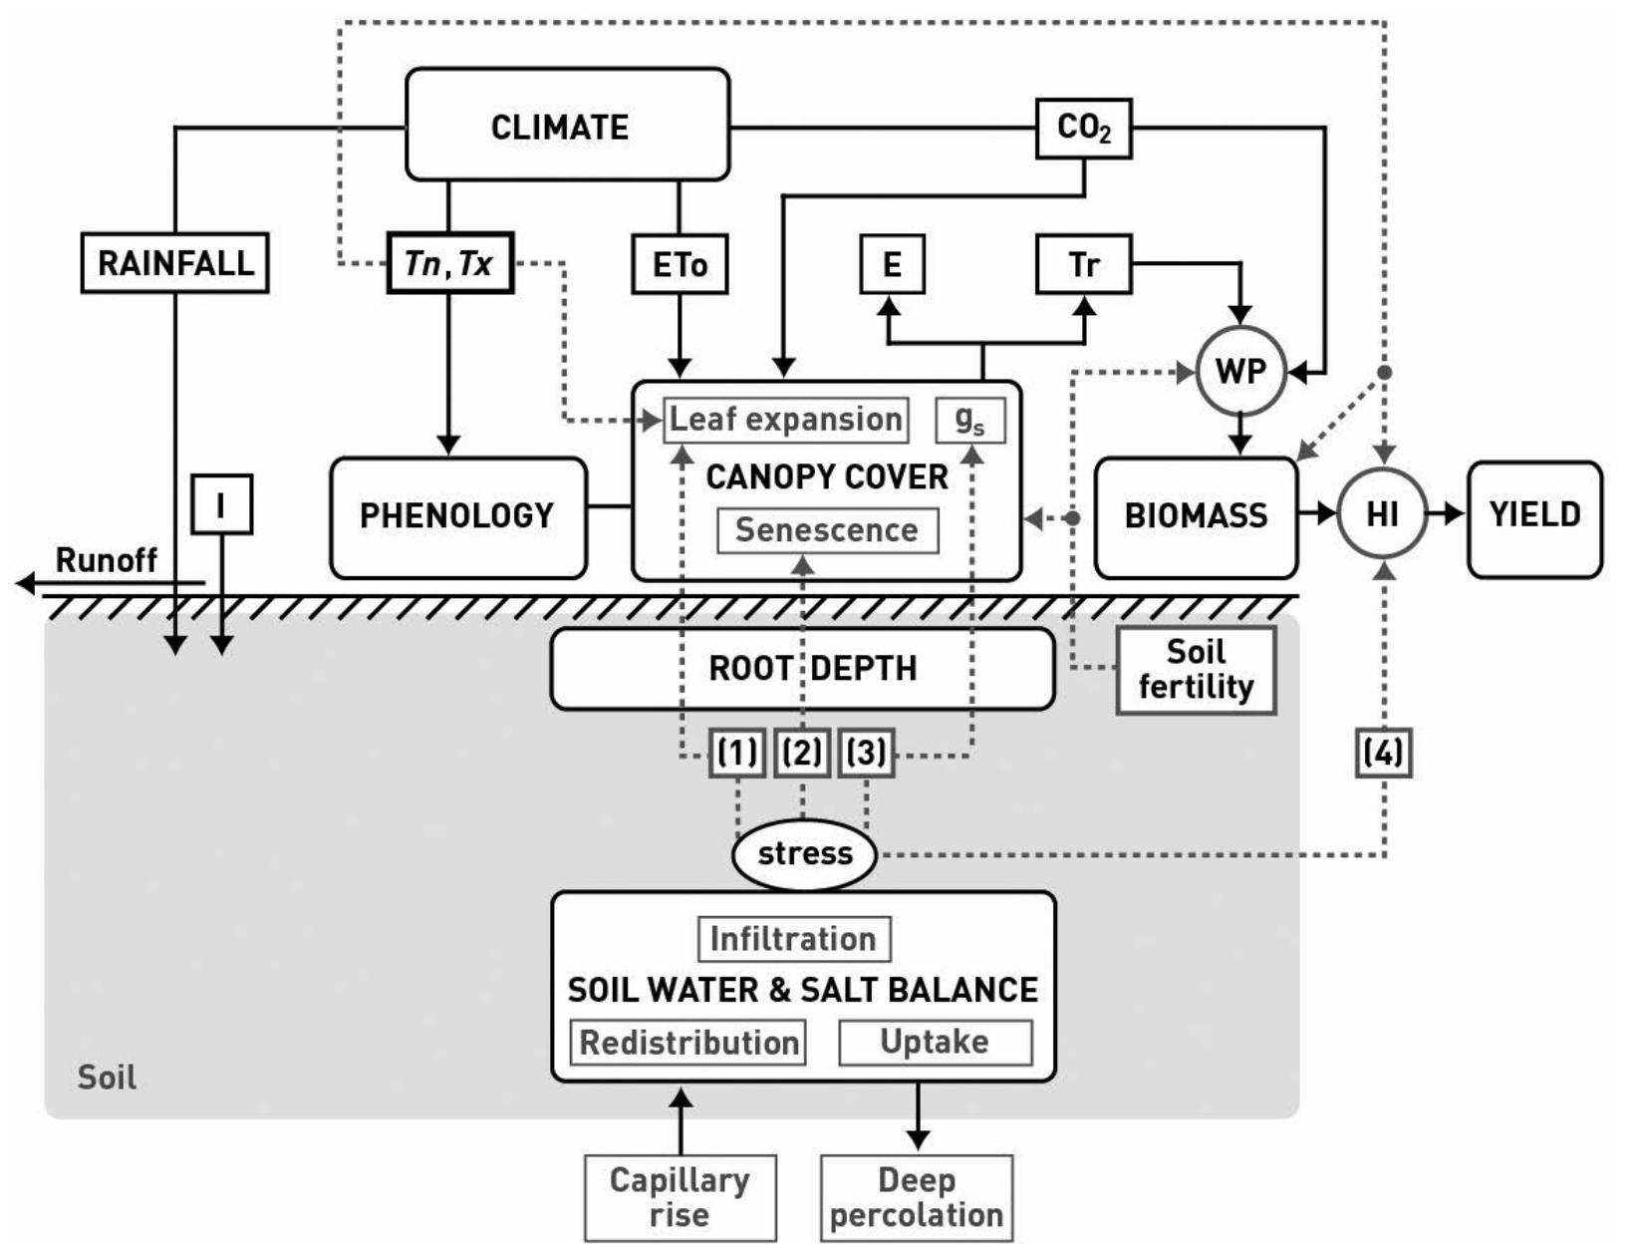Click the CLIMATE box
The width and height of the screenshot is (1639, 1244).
tap(567, 126)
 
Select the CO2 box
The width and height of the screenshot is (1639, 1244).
tap(1083, 128)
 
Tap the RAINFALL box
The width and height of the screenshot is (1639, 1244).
tap(174, 263)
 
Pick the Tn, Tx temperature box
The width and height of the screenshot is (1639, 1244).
tap(449, 263)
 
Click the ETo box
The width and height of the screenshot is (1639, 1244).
tap(680, 264)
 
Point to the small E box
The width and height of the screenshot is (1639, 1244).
tap(892, 264)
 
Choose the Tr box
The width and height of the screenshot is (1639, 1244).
tap(1083, 264)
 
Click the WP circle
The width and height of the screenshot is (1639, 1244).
tap(1240, 372)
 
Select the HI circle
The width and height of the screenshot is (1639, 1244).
tap(1382, 514)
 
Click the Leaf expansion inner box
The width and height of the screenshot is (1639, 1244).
tap(786, 420)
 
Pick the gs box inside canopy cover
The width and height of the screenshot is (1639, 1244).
tap(969, 420)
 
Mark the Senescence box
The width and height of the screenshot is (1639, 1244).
tap(827, 530)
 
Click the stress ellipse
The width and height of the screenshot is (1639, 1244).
tap(804, 854)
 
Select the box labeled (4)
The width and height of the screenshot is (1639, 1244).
tap(1384, 753)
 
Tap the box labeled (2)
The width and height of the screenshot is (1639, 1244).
tap(802, 753)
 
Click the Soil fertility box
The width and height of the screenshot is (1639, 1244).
tap(1196, 670)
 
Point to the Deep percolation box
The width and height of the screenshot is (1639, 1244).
tap(917, 1197)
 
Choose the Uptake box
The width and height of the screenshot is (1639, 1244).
tap(935, 1042)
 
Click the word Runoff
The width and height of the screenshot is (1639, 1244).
tap(106, 560)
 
